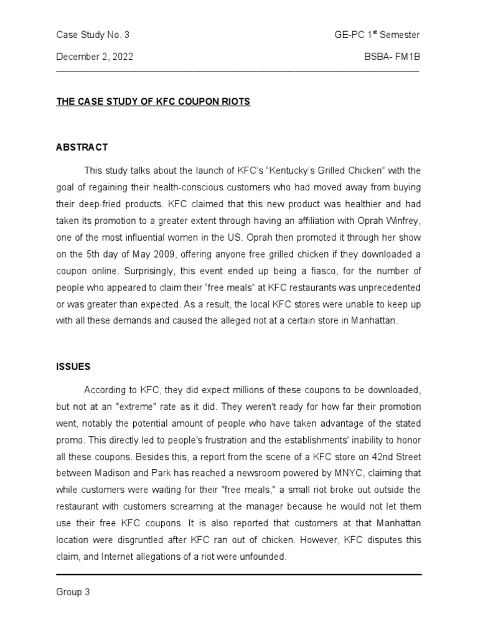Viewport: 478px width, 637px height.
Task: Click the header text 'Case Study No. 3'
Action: tap(92, 34)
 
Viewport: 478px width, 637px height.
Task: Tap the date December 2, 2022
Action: tap(95, 57)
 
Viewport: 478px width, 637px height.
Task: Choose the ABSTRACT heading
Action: tap(82, 147)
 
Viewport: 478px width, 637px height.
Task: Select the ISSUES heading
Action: tap(73, 367)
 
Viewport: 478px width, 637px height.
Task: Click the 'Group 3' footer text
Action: tap(73, 592)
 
